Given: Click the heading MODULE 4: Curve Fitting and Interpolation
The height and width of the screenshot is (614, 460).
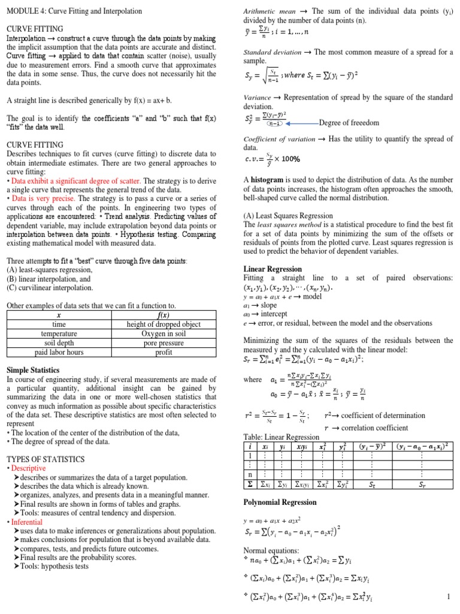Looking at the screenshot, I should [x=74, y=11].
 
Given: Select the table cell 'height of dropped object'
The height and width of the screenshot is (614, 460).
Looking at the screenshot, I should [x=164, y=324].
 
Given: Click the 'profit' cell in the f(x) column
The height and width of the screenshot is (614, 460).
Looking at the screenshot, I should [x=164, y=352].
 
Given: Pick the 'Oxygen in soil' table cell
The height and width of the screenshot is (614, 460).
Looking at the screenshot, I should [x=164, y=333].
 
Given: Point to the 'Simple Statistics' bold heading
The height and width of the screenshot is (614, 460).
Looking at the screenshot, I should [x=35, y=370].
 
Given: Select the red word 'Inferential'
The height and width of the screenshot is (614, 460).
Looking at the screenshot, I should [x=26, y=522].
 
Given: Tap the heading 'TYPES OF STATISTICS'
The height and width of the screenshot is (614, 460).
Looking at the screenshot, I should [x=45, y=459].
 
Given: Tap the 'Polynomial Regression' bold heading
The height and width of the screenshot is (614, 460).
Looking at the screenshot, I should [x=280, y=501].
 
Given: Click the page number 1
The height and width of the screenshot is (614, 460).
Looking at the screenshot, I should [x=448, y=597].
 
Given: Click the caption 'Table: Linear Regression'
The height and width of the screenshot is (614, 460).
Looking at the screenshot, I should [x=282, y=437].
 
